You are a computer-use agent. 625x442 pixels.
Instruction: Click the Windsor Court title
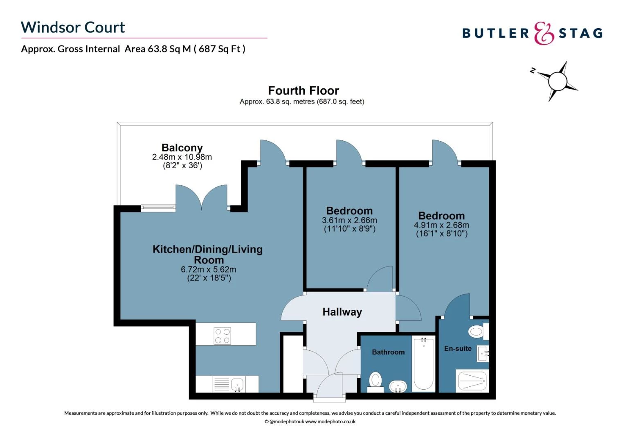(73, 27)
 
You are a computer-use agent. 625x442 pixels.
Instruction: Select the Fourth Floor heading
(304, 90)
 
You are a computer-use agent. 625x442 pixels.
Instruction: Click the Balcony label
(182, 148)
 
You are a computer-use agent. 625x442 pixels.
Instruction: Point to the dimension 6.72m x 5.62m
(208, 270)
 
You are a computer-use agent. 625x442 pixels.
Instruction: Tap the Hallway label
(342, 312)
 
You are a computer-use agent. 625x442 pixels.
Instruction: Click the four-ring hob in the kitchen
(223, 336)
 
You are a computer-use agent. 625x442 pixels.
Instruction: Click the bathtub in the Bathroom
(423, 363)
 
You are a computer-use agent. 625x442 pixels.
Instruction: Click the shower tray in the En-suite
(472, 381)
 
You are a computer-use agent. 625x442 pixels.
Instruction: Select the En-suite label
(458, 349)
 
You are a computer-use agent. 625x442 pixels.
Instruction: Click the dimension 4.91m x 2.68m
(441, 225)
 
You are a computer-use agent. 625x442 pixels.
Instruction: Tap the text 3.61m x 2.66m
(349, 220)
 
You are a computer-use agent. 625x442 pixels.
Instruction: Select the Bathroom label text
(388, 352)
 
